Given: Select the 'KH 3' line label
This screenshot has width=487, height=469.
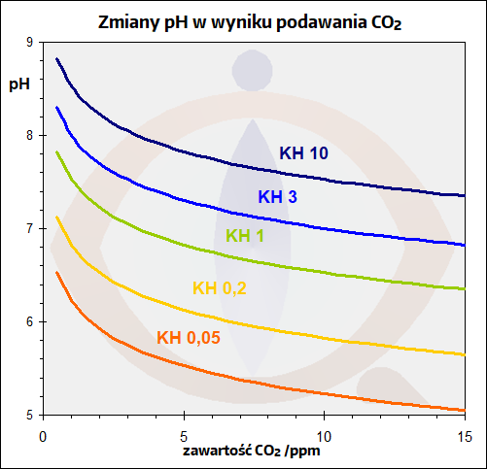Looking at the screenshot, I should coord(277,197).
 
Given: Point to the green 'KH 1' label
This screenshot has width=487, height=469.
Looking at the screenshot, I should coord(244,236).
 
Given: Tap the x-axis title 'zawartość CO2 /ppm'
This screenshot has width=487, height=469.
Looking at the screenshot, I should coord(250,452).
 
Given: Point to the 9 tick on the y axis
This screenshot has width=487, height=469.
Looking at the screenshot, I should coord(29,43).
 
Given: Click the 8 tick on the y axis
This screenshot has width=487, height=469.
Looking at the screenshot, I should coord(29,136).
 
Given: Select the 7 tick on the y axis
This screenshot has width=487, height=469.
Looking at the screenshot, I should coord(29,229).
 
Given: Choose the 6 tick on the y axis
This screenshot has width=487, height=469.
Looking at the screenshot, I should coord(29,322).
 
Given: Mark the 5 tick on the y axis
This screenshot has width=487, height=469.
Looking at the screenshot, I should coord(29,416).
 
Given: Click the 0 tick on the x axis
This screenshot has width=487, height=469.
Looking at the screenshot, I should coord(43,434).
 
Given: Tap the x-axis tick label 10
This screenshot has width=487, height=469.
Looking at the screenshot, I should coord(324,434).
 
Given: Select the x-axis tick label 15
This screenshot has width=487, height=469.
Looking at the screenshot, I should coord(463,434).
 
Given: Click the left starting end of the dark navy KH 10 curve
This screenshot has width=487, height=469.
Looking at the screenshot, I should coord(57,59).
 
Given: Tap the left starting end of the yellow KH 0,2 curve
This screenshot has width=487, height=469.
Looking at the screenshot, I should coord(57,218).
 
